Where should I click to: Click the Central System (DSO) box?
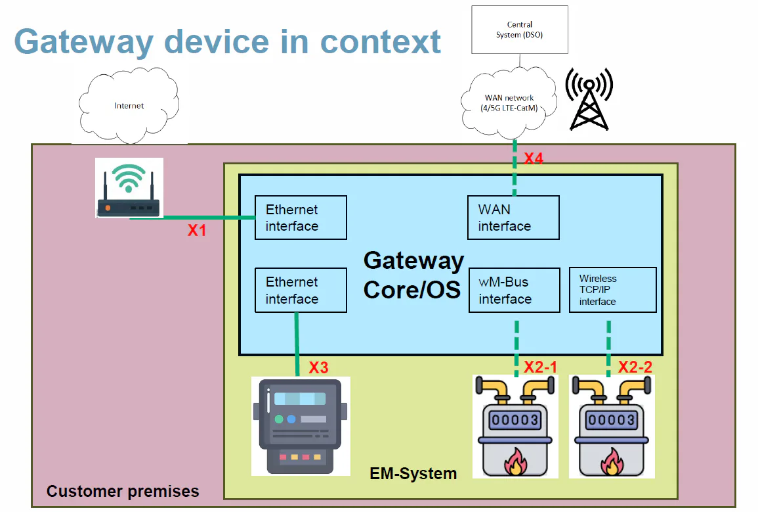coord(519,30)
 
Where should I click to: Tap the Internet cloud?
coord(129,105)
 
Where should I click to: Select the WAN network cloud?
coord(509,103)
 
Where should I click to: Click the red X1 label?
coord(197,231)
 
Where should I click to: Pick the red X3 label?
coord(318,367)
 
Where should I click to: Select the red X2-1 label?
coord(540,367)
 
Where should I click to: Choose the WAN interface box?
coord(513,218)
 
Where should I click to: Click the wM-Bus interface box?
coord(514,290)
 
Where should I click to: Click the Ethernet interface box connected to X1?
coord(300,218)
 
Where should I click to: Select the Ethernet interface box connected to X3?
coord(300,290)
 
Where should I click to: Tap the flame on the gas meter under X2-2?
coord(612,461)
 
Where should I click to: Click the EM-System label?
coord(413,473)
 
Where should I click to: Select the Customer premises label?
coord(123,491)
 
